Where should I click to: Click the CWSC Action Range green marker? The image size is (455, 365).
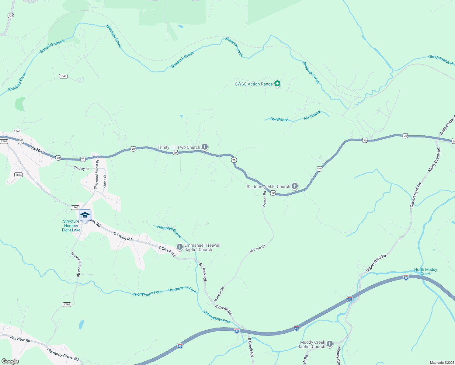[277, 84]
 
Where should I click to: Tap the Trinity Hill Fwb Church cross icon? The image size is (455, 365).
[205, 147]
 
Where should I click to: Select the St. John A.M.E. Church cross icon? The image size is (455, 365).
[294, 186]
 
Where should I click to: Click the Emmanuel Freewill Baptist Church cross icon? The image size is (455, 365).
[180, 247]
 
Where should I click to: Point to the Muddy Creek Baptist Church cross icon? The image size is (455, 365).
[330, 344]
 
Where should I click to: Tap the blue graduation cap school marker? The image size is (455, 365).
[85, 215]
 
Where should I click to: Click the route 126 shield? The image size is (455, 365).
[11, 16]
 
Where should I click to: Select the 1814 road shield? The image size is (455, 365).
[19, 175]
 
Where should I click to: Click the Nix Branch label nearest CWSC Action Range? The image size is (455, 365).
[279, 120]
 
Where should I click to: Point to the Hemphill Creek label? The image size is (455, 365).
[169, 231]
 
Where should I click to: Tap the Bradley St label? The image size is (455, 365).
[81, 168]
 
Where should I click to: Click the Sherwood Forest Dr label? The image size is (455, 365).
[96, 174]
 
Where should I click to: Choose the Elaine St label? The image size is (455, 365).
[105, 181]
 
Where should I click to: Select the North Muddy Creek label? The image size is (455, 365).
[425, 272]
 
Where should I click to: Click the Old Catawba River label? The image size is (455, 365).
[441, 60]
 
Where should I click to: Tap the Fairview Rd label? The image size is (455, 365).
[20, 339]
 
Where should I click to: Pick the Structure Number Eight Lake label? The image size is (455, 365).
[71, 226]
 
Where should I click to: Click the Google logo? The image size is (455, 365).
[10, 361]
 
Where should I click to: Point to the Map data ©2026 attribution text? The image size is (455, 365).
[442, 363]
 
